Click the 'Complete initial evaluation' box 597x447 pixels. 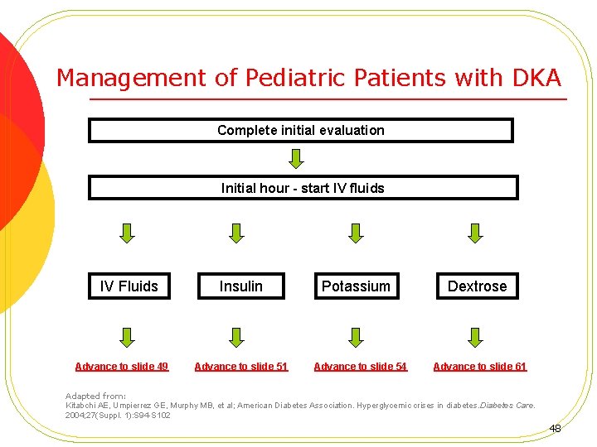click(x=300, y=131)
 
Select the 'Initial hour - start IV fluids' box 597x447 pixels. click(x=303, y=188)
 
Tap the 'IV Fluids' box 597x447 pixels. click(x=129, y=286)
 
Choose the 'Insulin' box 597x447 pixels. click(x=240, y=286)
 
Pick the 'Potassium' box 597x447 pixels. click(x=356, y=286)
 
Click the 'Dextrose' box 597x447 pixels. click(x=477, y=286)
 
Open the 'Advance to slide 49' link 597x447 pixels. click(x=121, y=367)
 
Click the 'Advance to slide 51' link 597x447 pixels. click(x=240, y=367)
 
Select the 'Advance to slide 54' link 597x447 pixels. click(x=360, y=367)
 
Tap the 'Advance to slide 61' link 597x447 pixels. click(x=479, y=367)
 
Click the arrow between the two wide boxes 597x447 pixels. click(x=296, y=157)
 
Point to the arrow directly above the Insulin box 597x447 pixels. click(x=237, y=233)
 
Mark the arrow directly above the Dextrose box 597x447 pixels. click(x=475, y=233)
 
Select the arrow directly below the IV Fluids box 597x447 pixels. click(x=126, y=336)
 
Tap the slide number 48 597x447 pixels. click(x=555, y=429)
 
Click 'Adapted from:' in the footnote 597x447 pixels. click(x=95, y=397)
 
